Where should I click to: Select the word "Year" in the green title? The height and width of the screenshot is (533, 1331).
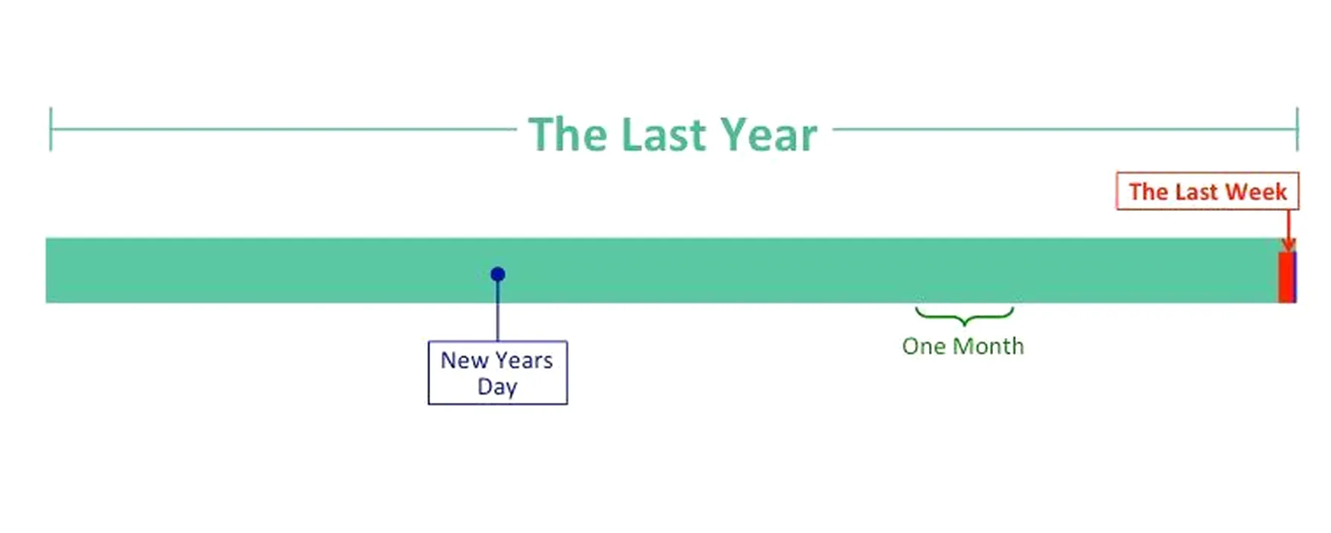point(768,135)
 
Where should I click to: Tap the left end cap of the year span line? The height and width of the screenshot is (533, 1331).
point(50,129)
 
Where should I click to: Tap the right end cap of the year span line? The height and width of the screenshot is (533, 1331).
point(1297,129)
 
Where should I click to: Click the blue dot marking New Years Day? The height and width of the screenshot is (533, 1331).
point(498,274)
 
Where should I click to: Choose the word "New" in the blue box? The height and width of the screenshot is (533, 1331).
point(464,360)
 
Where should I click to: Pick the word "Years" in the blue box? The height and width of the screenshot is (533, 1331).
point(523,360)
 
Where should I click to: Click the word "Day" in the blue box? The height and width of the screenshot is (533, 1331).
point(497,387)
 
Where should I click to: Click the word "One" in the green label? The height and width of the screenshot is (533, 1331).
point(924,346)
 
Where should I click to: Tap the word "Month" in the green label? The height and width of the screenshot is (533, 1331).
point(988,346)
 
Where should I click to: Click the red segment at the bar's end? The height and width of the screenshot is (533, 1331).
point(1285,277)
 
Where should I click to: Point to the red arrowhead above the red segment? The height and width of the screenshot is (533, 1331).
point(1288,244)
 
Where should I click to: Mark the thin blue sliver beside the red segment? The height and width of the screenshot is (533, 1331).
point(1294,277)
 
